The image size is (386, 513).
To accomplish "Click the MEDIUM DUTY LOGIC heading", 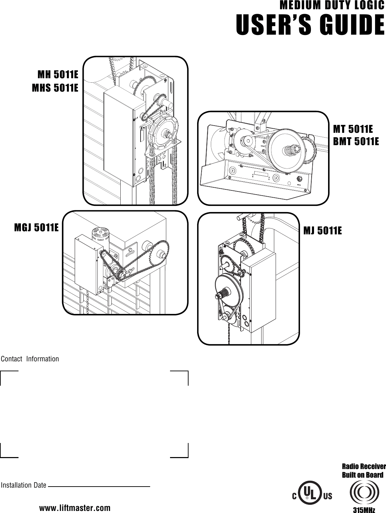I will [x=332, y=6].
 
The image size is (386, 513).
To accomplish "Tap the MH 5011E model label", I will [x=58, y=75].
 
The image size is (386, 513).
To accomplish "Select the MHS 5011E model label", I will [x=55, y=88].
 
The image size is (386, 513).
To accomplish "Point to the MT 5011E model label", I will [x=353, y=129].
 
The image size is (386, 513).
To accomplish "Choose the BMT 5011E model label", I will [x=356, y=141].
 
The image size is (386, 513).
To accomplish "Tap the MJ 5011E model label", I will [x=323, y=231].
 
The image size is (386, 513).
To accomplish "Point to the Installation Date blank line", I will [x=99, y=486].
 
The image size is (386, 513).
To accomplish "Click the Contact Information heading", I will [x=30, y=359].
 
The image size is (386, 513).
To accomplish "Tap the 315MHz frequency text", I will [x=364, y=509].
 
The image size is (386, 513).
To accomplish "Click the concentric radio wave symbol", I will [x=364, y=493].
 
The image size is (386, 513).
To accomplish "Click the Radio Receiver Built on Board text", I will [x=364, y=470].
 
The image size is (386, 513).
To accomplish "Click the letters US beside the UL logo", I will [x=327, y=496].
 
